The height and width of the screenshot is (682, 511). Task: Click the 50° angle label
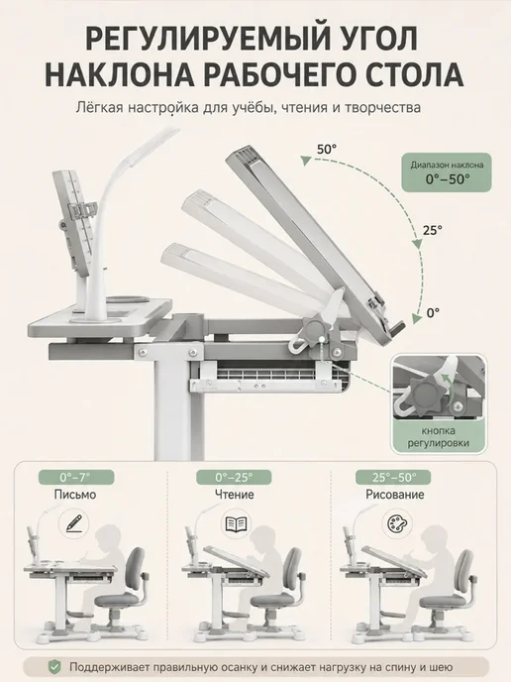point(327,149)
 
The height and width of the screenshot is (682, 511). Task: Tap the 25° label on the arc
point(433,230)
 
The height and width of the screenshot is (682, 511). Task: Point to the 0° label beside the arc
point(433,312)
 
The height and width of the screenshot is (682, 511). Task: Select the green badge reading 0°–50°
point(447,172)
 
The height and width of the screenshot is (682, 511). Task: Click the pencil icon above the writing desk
point(74,522)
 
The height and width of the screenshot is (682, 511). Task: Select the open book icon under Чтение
point(236,523)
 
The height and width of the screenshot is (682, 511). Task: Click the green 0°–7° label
point(76,478)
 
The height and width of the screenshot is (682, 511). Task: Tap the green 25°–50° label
point(393,478)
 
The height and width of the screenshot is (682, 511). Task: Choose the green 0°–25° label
point(234,478)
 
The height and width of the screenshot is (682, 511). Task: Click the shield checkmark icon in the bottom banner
point(54,666)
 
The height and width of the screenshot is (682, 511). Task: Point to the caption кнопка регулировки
point(439,437)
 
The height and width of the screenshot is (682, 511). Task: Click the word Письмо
point(74,495)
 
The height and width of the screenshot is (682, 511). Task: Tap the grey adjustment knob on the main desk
point(314,329)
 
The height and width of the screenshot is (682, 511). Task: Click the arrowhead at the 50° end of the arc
point(307,161)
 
